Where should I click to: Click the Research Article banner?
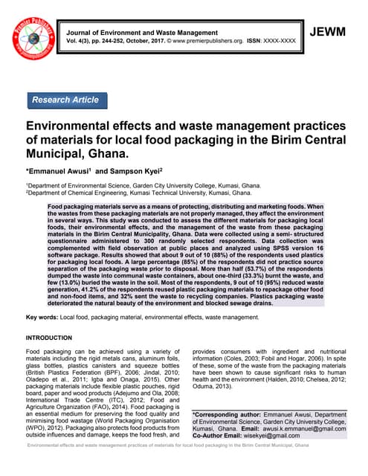point(65,99)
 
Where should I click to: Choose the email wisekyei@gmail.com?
point(276,437)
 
